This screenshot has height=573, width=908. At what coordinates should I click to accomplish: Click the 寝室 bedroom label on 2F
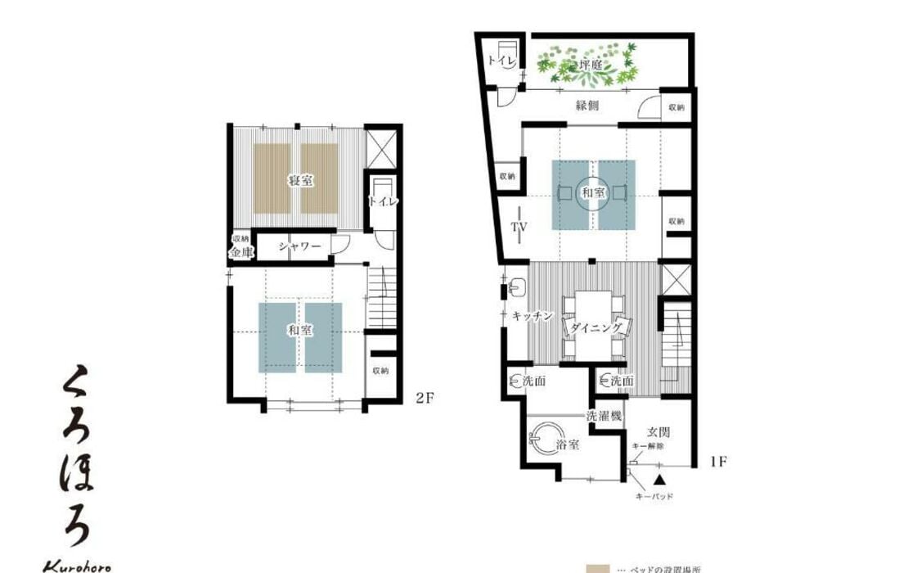click(x=299, y=180)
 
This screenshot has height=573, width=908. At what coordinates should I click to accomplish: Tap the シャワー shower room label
click(x=299, y=246)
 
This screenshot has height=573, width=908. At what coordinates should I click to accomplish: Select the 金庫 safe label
click(x=240, y=254)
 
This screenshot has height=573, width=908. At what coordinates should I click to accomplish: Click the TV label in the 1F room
click(x=519, y=227)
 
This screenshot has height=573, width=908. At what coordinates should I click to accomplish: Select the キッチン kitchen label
click(x=534, y=315)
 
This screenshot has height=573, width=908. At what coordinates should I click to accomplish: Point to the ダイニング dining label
click(x=595, y=327)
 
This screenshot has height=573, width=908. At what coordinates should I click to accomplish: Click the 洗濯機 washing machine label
click(x=605, y=415)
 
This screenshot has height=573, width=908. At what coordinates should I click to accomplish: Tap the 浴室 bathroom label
click(x=568, y=445)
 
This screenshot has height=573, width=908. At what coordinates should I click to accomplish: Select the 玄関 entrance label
click(x=659, y=431)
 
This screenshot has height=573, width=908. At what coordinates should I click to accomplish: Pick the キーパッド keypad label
click(x=654, y=496)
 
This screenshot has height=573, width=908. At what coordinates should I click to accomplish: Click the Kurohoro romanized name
click(x=76, y=566)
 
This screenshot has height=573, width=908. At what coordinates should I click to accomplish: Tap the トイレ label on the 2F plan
click(x=383, y=201)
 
